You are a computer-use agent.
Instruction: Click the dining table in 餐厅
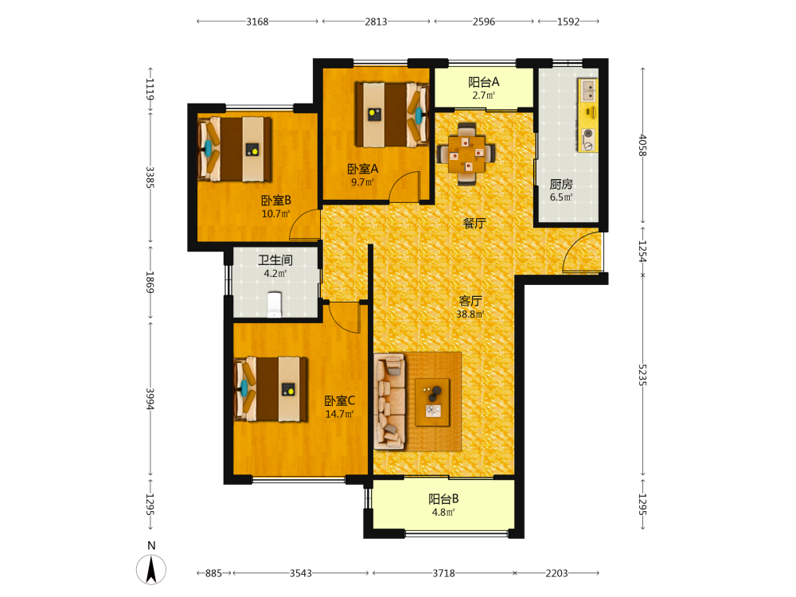pyautogui.click(x=466, y=153)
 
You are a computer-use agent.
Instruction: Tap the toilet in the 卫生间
pyautogui.click(x=274, y=304)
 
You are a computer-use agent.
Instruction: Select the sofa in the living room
pyautogui.click(x=389, y=401)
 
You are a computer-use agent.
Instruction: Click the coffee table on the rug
pyautogui.click(x=432, y=402)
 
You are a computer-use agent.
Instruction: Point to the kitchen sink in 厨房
pyautogui.click(x=588, y=91)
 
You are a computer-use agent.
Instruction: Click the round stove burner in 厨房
pyautogui.click(x=588, y=135)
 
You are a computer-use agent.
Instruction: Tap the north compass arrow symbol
pyautogui.click(x=151, y=569)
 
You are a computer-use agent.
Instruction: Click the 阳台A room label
pyautogui.click(x=484, y=82)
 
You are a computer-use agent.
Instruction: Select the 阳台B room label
pyautogui.click(x=443, y=499)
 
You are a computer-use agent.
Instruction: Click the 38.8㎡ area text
pyautogui.click(x=470, y=314)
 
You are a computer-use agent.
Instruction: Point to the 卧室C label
pyautogui.click(x=340, y=400)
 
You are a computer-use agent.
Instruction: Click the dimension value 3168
pyautogui.click(x=257, y=21)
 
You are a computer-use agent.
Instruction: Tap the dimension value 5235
pyautogui.click(x=642, y=375)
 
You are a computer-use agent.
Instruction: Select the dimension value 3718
pyautogui.click(x=443, y=573)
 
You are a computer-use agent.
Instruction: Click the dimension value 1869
pyautogui.click(x=150, y=282)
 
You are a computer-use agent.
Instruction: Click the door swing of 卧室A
pyautogui.click(x=405, y=186)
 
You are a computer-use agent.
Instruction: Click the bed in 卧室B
pyautogui.click(x=235, y=150)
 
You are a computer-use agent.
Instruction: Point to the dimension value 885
pyautogui.click(x=213, y=573)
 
